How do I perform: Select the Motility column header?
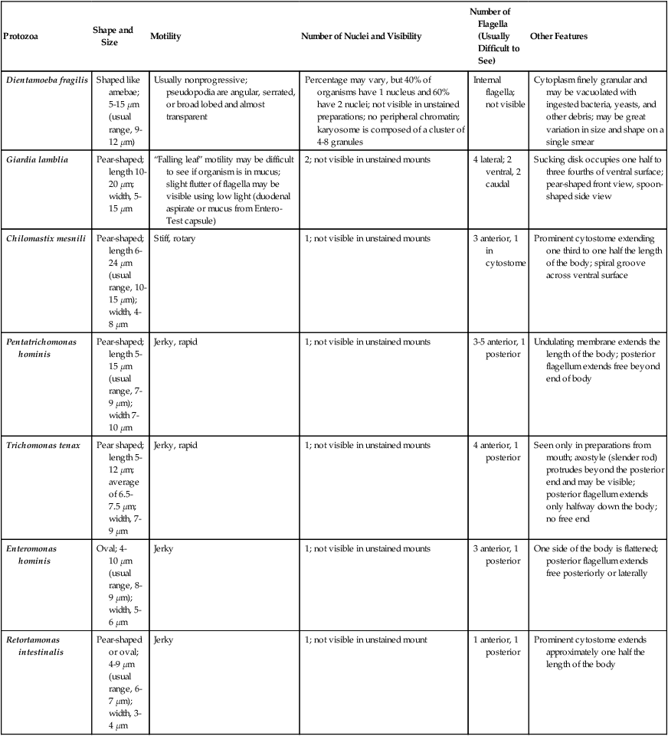coord(165,37)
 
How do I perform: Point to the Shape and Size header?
coord(113,36)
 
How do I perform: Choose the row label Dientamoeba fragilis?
coord(44,80)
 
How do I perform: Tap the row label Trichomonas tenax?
coord(41,445)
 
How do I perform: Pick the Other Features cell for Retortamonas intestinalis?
coord(590,651)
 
